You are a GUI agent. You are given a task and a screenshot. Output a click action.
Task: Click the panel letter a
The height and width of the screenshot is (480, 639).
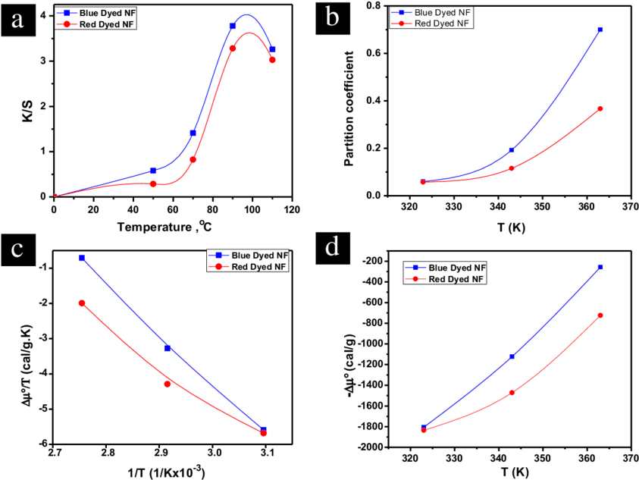coord(17,20)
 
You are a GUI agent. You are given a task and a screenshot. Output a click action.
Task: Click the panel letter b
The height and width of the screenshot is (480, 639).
coord(332,17)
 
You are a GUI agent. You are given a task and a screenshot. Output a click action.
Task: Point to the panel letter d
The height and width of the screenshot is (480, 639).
coord(332,246)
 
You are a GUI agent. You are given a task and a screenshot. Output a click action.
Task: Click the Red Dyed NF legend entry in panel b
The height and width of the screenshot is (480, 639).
coord(443,24)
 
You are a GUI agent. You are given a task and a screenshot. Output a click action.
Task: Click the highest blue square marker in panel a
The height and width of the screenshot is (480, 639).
coord(233,27)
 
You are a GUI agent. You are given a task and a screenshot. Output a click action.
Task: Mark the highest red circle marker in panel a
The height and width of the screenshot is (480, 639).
coord(233,49)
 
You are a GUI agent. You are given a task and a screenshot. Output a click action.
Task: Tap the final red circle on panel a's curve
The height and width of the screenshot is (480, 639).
coord(272,60)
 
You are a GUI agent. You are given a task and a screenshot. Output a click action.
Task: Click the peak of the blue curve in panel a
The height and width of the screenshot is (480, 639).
coord(246,14)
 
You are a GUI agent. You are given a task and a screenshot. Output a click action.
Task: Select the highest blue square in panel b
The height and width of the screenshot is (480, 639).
coord(600,30)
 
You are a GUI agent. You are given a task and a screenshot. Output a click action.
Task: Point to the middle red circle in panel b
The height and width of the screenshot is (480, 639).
coord(512,168)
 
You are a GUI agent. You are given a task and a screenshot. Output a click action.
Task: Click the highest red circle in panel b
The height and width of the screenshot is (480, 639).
coord(600,108)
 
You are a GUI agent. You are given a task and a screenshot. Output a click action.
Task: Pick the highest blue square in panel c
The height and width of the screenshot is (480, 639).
coord(82,259)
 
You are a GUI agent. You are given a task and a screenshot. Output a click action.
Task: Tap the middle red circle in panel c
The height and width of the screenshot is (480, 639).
coord(168,384)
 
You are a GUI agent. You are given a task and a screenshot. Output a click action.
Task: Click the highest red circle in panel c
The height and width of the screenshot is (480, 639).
coord(82,303)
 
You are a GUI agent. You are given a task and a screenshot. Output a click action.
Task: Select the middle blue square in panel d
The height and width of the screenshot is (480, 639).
coord(512,356)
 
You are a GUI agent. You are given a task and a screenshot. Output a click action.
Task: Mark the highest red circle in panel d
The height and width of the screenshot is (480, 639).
coord(600,315)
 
